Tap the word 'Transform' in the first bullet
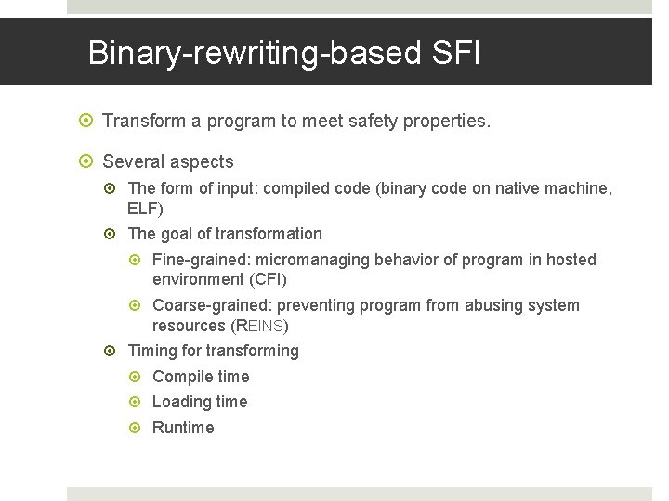(141, 121)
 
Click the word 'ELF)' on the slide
(145, 209)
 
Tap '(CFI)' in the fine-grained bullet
(269, 279)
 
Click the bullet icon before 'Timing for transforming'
(112, 351)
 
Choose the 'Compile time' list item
(201, 377)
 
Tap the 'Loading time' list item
(200, 402)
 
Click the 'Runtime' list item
(183, 428)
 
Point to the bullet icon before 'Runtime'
(138, 428)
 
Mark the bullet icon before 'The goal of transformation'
(112, 234)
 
